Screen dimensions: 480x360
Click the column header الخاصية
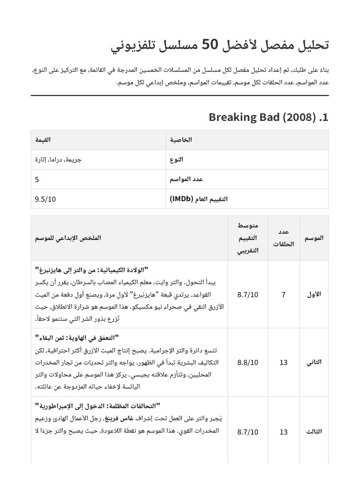(x=181, y=140)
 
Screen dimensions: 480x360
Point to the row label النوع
(x=177, y=159)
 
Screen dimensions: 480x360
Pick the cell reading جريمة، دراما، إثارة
(x=59, y=159)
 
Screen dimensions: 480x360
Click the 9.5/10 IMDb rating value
(x=45, y=199)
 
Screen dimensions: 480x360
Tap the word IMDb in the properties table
(x=181, y=199)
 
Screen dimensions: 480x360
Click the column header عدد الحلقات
(x=283, y=238)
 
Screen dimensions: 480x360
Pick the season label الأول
(x=313, y=294)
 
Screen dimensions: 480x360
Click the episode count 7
(x=283, y=294)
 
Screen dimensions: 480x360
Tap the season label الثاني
(x=313, y=362)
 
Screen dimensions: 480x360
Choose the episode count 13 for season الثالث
(x=283, y=432)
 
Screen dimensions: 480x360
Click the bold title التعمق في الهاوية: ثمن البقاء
(x=77, y=337)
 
